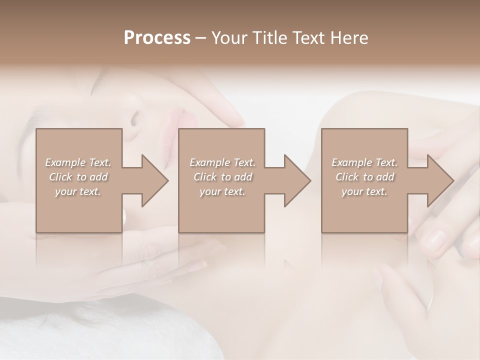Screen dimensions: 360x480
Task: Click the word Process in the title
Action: click(157, 38)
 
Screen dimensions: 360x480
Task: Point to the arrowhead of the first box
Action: click(155, 180)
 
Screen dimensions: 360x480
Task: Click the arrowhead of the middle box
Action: click(297, 180)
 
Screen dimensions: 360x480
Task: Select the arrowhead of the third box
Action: click(440, 180)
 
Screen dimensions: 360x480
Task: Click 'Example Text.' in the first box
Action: click(78, 162)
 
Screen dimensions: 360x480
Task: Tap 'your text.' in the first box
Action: click(78, 191)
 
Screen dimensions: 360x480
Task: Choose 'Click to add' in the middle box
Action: click(222, 177)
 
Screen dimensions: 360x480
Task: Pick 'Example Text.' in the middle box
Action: click(222, 162)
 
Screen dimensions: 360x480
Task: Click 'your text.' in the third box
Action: click(364, 191)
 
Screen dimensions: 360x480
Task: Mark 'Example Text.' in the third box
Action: click(364, 162)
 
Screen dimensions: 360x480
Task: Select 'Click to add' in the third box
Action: click(364, 177)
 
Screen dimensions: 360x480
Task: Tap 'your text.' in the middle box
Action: click(222, 191)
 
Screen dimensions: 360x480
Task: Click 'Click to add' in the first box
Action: click(78, 177)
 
